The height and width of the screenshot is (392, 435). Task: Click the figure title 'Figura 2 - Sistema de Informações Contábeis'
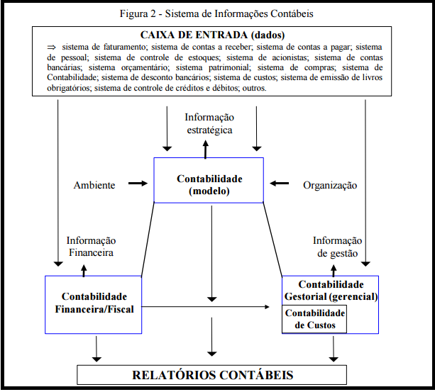point(217,13)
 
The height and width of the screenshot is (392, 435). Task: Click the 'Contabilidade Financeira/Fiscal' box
point(94,303)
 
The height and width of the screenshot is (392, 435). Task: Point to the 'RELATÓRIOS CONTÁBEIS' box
point(212,374)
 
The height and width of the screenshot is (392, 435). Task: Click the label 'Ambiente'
point(94,185)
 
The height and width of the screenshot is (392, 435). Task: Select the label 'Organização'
point(330,185)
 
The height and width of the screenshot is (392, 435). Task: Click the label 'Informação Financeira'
point(91,246)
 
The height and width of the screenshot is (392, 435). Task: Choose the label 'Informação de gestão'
point(337,246)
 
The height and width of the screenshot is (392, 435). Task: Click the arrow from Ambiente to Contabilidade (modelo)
point(138,184)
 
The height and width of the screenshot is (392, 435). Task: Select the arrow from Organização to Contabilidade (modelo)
point(279,184)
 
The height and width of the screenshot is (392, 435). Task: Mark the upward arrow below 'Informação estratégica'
point(206,147)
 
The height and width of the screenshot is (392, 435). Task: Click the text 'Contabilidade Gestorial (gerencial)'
point(331,290)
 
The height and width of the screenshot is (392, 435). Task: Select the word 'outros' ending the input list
point(254,89)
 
